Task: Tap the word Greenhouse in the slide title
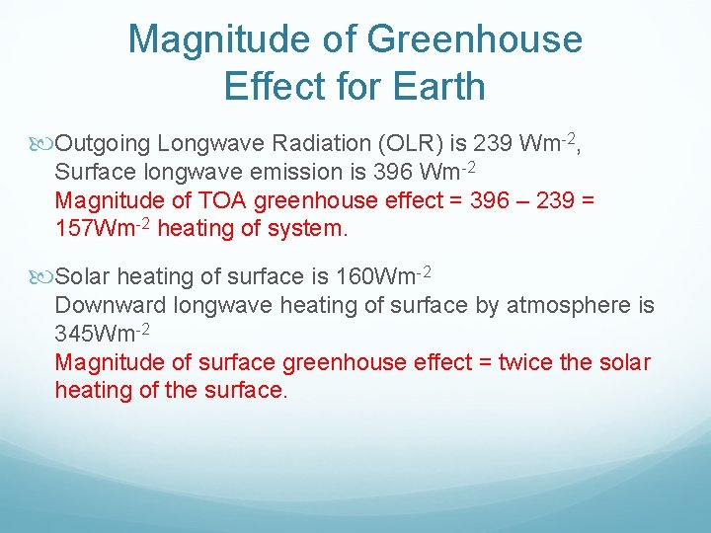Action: pos(474,39)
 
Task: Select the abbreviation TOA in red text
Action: pos(222,200)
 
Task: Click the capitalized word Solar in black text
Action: pos(86,276)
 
